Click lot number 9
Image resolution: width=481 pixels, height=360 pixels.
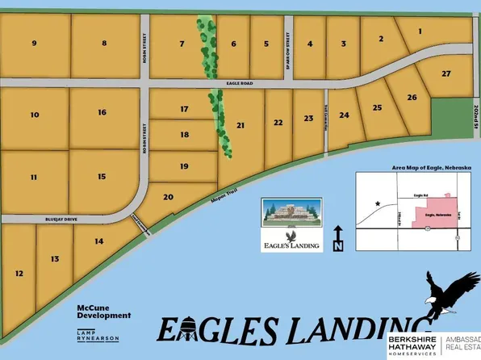click(35, 43)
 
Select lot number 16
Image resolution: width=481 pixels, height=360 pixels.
click(102, 112)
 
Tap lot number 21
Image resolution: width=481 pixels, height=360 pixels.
click(240, 125)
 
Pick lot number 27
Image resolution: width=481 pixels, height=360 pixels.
click(445, 73)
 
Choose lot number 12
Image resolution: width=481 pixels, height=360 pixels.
click(18, 274)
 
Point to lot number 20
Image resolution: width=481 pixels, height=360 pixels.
click(169, 197)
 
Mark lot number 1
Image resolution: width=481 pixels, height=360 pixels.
click(420, 31)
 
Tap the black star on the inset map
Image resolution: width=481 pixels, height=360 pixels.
click(375, 205)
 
